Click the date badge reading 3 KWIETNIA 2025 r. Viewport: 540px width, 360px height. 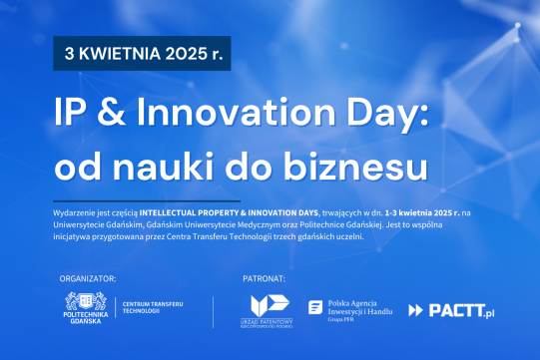pos(143,54)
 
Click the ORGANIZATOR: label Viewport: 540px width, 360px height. pos(89,277)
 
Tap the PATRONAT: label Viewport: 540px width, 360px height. pos(265,277)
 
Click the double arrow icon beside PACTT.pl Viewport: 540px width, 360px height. pos(416,311)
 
